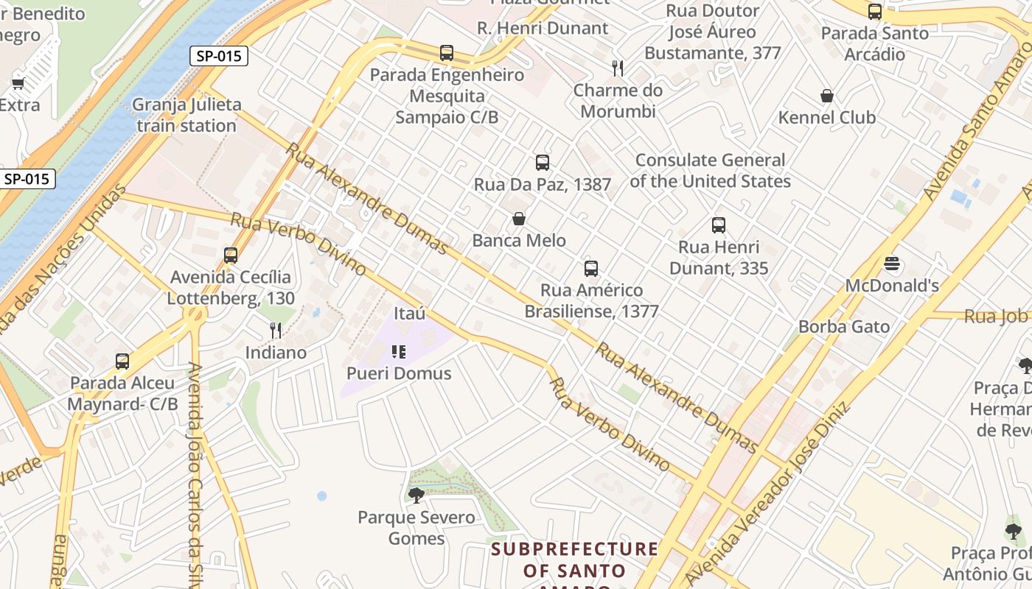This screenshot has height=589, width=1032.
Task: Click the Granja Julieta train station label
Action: point(186,115)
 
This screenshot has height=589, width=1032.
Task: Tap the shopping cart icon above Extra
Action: point(18,83)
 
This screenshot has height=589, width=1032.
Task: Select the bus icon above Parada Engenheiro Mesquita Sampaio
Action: point(447,53)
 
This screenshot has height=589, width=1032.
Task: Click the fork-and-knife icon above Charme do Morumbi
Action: point(618,68)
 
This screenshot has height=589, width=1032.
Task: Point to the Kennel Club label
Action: point(827,118)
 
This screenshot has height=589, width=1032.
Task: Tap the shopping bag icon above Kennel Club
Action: point(827,96)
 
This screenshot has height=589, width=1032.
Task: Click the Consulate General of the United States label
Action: point(710,171)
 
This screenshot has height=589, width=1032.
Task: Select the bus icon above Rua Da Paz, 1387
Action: point(543,163)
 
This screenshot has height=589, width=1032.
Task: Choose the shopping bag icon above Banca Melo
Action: point(519,219)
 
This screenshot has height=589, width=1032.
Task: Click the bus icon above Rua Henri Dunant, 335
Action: point(719,225)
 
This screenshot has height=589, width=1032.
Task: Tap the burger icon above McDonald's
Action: point(892,264)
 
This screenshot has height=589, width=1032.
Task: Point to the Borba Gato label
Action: point(844,326)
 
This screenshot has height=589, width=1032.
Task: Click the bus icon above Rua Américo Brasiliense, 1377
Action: point(591,268)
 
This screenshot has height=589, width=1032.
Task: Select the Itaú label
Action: point(410,314)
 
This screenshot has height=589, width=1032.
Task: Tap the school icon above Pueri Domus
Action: point(399,352)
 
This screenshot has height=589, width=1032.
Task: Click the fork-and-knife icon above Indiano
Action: point(276,330)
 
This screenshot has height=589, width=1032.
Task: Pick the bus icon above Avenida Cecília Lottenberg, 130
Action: point(231,255)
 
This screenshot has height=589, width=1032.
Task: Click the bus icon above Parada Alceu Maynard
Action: point(122,361)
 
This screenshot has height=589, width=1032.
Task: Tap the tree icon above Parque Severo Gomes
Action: point(416,495)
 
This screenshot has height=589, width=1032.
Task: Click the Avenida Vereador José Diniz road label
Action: point(767,493)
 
